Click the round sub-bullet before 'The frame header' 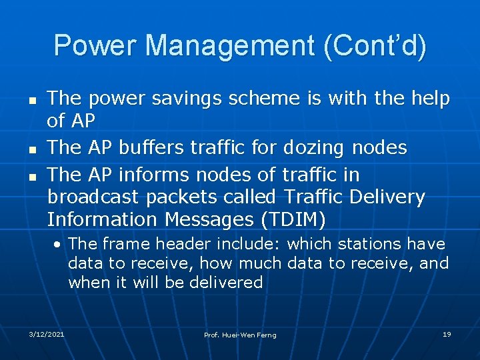(59, 245)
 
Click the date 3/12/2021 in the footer (47, 334)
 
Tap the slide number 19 (447, 334)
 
